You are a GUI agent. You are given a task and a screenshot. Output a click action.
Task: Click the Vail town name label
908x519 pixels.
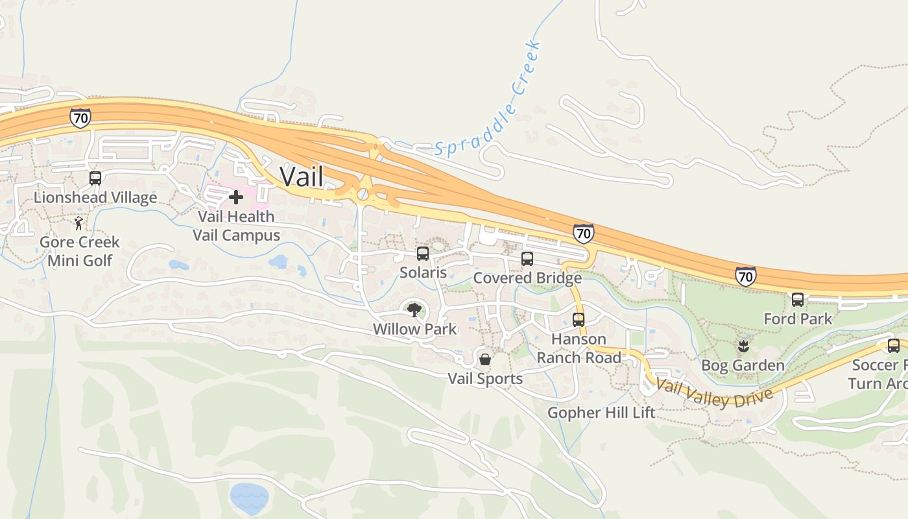click(302, 176)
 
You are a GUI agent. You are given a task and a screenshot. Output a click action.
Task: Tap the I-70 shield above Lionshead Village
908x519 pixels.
click(80, 118)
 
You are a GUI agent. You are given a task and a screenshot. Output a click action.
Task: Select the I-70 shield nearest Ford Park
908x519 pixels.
click(746, 276)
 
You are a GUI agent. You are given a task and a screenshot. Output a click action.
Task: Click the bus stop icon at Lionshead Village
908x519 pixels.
click(95, 178)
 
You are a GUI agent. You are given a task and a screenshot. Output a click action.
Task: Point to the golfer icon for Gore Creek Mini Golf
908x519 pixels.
click(78, 223)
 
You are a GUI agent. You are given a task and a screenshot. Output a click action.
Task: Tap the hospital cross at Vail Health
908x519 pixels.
click(236, 197)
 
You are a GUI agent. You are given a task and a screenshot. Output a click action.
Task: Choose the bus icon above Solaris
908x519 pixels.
click(423, 254)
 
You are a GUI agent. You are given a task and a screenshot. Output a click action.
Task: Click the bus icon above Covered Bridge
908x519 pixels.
click(527, 259)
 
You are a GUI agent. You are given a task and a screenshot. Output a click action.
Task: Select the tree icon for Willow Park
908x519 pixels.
click(414, 309)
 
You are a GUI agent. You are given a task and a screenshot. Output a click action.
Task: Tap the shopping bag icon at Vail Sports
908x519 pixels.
click(484, 359)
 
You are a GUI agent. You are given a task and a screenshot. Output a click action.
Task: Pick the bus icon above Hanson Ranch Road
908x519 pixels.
click(579, 320)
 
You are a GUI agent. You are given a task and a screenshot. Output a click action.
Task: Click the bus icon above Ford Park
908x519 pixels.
click(798, 300)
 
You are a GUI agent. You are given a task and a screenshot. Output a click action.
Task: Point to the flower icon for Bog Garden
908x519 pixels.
click(743, 346)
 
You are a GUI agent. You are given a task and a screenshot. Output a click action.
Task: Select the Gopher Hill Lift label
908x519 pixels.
click(601, 413)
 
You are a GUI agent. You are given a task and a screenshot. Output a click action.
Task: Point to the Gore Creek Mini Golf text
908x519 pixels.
click(80, 251)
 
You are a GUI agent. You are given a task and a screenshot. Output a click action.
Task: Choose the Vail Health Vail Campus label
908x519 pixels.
click(236, 226)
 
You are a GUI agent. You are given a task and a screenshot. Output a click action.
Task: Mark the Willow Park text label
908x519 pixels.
click(415, 329)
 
